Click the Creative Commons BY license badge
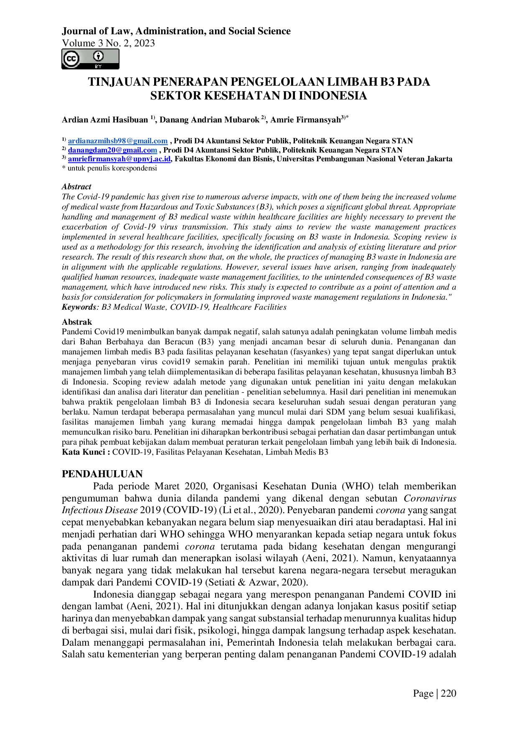(90, 59)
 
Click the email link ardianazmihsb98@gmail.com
(118, 141)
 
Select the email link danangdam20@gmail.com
(112, 150)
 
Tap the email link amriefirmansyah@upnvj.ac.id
(119, 159)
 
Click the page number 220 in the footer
(448, 693)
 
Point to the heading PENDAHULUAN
(102, 474)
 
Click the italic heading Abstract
(76, 187)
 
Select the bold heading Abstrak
(77, 322)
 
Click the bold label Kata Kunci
(86, 452)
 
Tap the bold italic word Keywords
(79, 307)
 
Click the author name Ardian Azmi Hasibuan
(105, 120)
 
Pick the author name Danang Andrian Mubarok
(209, 120)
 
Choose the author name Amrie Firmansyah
(305, 120)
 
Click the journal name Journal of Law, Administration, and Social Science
(176, 31)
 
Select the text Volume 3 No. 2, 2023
(108, 43)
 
